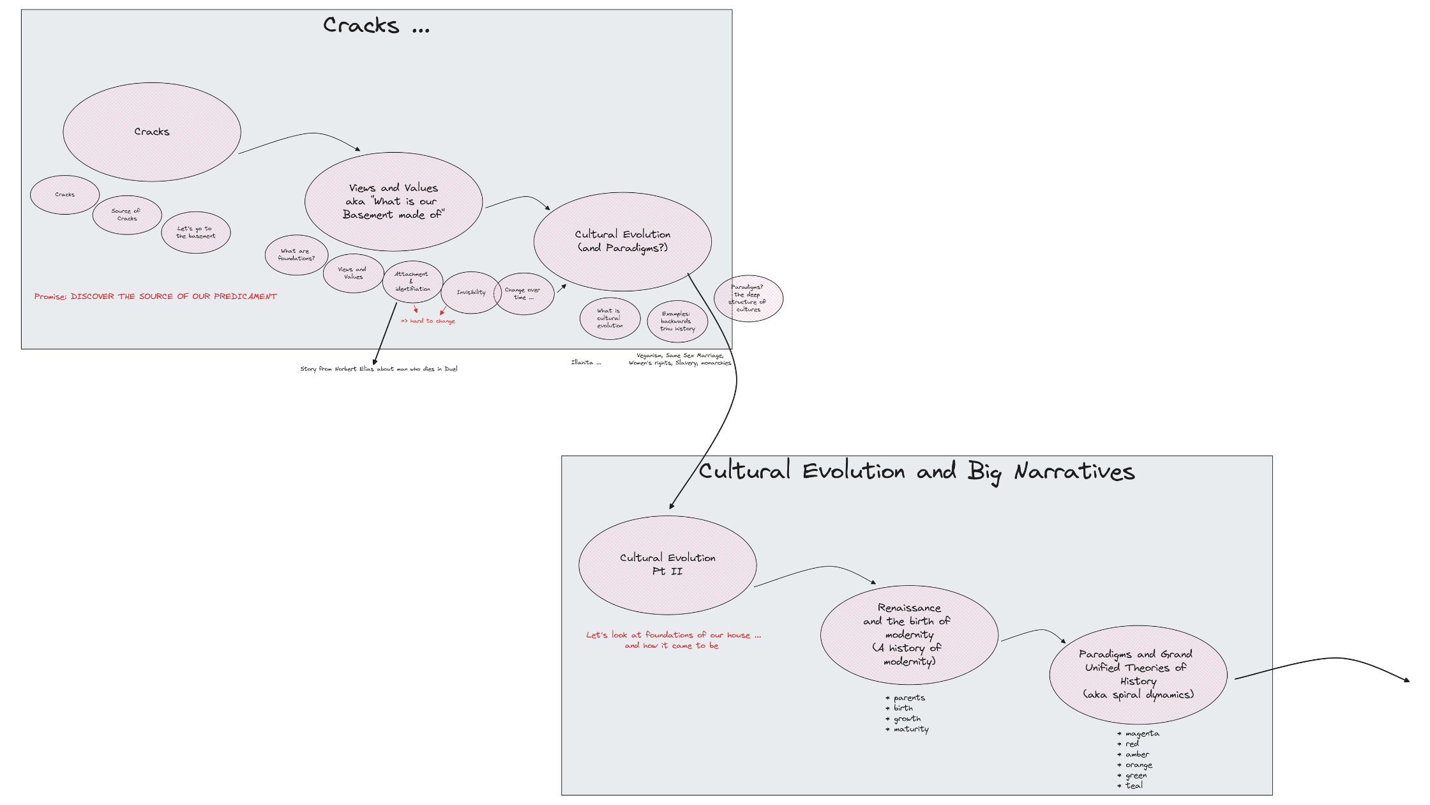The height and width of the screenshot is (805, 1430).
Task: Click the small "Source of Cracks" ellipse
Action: [127, 215]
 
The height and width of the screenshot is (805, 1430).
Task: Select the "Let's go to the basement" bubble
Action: [195, 233]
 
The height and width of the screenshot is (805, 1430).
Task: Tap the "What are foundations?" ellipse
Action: [296, 255]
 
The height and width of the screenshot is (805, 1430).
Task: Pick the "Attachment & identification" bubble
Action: [412, 282]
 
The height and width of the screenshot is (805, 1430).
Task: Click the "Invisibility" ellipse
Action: [470, 293]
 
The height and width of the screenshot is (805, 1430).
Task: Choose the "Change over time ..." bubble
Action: [523, 294]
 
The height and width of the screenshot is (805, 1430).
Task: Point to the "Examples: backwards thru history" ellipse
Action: [677, 321]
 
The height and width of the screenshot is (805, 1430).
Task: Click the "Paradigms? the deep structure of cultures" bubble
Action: [748, 298]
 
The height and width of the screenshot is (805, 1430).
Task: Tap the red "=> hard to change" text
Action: [428, 321]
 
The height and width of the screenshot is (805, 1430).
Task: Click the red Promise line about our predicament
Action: [156, 296]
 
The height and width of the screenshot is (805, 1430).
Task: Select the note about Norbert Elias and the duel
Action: [379, 369]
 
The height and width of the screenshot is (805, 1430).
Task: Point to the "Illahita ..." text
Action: [585, 363]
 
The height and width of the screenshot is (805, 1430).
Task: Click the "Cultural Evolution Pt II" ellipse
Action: [667, 565]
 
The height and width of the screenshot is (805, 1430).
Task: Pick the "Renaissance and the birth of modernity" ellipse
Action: [909, 634]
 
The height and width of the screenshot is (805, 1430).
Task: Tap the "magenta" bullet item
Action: [1141, 733]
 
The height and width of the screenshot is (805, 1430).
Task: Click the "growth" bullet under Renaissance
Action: [907, 719]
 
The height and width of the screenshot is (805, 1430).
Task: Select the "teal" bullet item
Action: [1133, 786]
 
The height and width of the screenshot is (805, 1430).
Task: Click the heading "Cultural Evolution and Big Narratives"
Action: [916, 471]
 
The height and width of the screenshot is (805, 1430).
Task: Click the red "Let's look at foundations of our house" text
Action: [673, 640]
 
